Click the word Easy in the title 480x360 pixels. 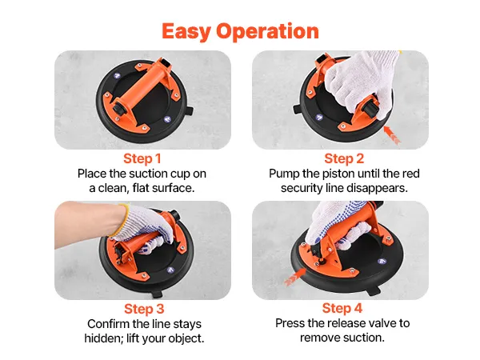point(186,31)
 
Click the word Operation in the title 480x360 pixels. point(267,31)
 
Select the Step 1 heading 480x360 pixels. point(142,158)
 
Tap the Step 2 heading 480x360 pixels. point(344,158)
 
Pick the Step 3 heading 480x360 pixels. point(144,309)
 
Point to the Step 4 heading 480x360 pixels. point(342,308)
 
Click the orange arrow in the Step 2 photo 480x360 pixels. point(391,134)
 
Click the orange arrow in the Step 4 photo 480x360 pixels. point(294,277)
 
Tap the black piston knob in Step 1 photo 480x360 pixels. point(118,110)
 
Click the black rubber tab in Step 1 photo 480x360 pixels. point(189,110)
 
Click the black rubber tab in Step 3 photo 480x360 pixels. point(157,294)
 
